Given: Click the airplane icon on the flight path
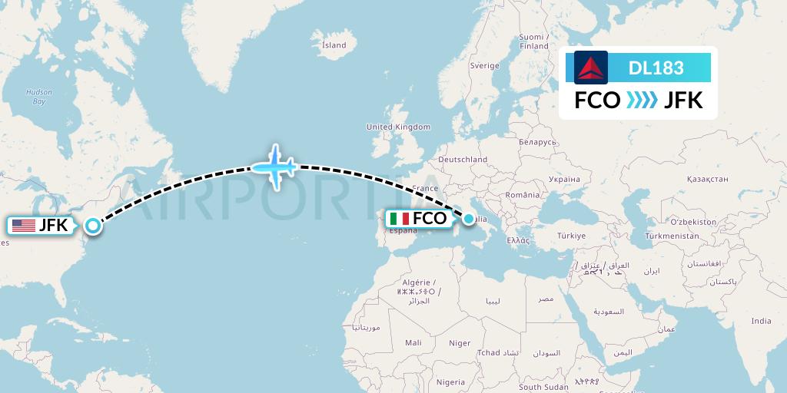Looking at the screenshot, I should click(x=274, y=165).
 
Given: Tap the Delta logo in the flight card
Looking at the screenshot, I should click(x=591, y=68).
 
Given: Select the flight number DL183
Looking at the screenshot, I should click(x=656, y=68).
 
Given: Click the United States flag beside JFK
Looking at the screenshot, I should click(x=24, y=226).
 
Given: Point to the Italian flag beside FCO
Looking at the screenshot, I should click(x=399, y=219).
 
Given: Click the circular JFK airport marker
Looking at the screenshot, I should click(x=93, y=226).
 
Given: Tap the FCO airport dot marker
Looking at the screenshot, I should click(x=469, y=219).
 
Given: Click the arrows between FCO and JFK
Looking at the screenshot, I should click(x=642, y=101).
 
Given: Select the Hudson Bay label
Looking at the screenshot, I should click(x=39, y=96).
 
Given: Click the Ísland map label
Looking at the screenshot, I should click(x=334, y=45).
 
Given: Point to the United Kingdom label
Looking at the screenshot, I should click(x=398, y=127).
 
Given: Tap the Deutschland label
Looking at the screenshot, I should click(x=463, y=160).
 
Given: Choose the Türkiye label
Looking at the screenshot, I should click(x=571, y=236).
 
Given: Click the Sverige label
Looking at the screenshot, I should click(x=484, y=66).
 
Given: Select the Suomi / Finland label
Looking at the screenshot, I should click(x=533, y=41).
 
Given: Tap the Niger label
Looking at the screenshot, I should click(x=460, y=343).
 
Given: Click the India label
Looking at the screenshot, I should click(x=761, y=321).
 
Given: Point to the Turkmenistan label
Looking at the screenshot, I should click(x=673, y=236).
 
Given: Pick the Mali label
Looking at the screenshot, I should click(x=413, y=343).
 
